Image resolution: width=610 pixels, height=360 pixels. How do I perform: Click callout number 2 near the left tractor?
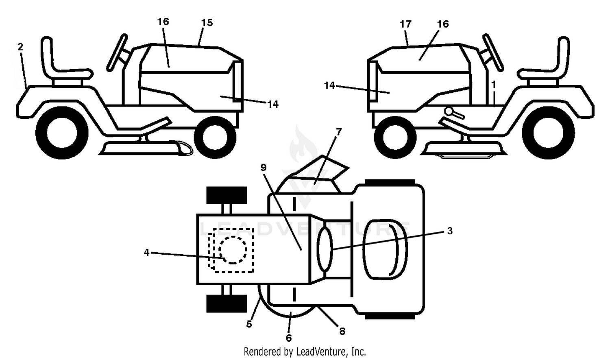(x=20, y=47)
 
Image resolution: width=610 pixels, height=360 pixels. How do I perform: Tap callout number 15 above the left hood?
(x=207, y=23)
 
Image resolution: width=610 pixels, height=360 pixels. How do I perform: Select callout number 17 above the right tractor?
(x=405, y=24)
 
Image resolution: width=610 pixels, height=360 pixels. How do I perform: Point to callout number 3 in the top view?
(x=450, y=231)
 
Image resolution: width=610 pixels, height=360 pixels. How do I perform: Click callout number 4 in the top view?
(x=147, y=253)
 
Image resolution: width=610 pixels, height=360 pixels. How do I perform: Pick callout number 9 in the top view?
(x=264, y=168)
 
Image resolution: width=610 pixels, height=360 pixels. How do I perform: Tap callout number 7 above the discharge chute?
(x=338, y=132)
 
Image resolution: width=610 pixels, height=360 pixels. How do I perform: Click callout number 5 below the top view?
(x=249, y=324)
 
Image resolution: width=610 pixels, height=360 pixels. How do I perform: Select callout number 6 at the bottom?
(x=289, y=338)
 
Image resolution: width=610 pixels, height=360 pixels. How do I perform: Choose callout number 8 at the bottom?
(x=342, y=331)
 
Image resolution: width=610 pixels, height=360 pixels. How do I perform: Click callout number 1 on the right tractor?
(x=493, y=85)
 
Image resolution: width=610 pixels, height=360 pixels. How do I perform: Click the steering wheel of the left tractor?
(x=117, y=52)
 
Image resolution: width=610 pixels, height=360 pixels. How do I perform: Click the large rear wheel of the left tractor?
(x=62, y=133)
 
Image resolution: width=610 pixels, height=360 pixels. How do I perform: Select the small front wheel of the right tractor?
(x=395, y=137)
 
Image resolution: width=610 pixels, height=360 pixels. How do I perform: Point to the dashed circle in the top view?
(x=233, y=250)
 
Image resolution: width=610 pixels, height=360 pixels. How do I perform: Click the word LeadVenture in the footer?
(x=321, y=351)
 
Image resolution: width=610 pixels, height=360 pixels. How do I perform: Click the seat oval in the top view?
(x=385, y=249)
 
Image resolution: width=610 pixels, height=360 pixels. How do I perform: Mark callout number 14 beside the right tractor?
(x=329, y=85)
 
